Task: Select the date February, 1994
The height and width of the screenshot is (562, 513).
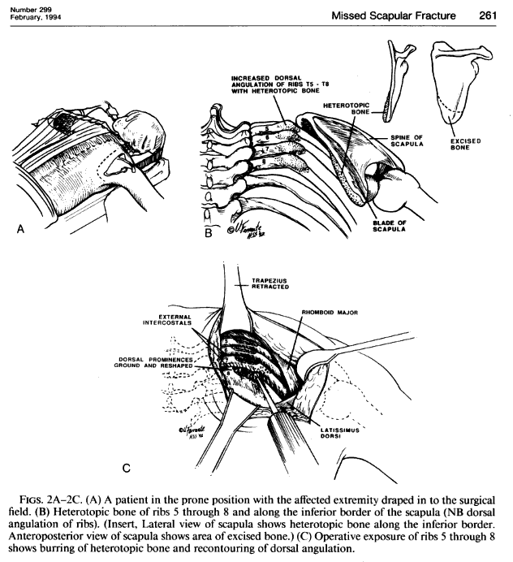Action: coord(30,18)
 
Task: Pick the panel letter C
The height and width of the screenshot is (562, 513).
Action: coord(126,469)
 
